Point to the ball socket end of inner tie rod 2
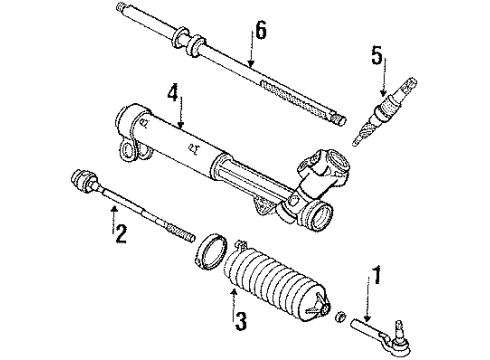pyautogui.click(x=79, y=182)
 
